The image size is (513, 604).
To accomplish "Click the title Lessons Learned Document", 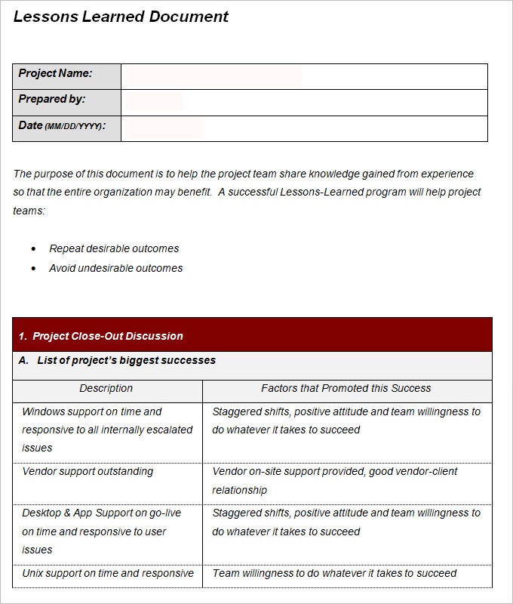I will tap(121, 17).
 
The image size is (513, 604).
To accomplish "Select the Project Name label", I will tap(55, 73).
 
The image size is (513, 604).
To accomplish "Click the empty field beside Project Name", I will tap(304, 76).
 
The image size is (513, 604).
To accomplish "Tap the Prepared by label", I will tap(52, 99).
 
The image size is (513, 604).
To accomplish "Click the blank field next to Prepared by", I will tap(304, 102).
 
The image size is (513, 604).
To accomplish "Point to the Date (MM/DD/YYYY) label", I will tap(62, 125).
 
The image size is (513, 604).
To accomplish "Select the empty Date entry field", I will tap(304, 128).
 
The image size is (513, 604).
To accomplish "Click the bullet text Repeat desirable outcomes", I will tap(114, 248).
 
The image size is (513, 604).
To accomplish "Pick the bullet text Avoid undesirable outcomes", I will tap(115, 268).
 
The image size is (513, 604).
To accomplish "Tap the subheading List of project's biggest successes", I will tap(126, 360).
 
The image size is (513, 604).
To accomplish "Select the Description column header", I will tap(106, 388).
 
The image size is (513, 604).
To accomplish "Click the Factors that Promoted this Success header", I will tap(346, 388).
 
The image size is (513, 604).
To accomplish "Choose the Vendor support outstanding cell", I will tap(88, 472).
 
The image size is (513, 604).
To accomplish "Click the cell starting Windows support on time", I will tap(107, 430).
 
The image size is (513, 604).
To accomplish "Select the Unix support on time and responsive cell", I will tap(108, 573).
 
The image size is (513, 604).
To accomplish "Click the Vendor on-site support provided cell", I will tap(346, 480).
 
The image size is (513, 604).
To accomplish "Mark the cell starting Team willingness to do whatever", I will tap(334, 573).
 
